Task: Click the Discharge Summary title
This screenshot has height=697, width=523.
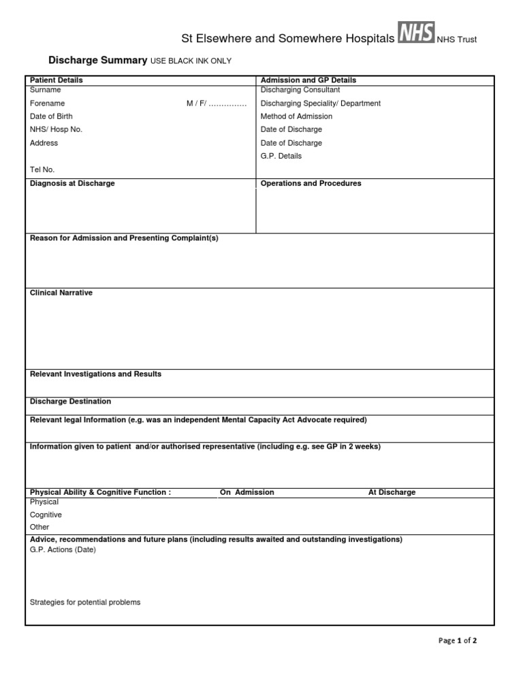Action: tap(97, 61)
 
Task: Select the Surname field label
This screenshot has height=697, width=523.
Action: tap(45, 90)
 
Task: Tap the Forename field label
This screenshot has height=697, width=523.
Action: tap(47, 103)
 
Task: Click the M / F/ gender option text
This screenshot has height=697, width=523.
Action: tap(216, 103)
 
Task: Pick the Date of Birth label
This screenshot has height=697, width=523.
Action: tap(51, 116)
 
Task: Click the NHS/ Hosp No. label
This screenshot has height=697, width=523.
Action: tap(56, 129)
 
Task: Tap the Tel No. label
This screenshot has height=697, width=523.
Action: tap(42, 169)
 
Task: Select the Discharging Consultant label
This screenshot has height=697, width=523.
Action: tap(300, 90)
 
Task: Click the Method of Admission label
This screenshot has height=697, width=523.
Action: tap(297, 116)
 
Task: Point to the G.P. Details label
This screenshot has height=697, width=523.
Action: tap(281, 156)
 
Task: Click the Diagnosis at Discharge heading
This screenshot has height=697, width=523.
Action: tap(72, 184)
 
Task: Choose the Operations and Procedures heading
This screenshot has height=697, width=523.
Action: tap(311, 184)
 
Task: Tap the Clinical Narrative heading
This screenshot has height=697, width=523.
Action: tap(61, 293)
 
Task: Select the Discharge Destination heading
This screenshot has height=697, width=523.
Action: tap(70, 402)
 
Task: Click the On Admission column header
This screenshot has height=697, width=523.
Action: tap(247, 492)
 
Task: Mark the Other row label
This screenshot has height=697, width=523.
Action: tap(39, 527)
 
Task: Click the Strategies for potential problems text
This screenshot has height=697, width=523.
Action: tap(85, 602)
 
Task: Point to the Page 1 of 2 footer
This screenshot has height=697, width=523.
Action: tap(458, 641)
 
